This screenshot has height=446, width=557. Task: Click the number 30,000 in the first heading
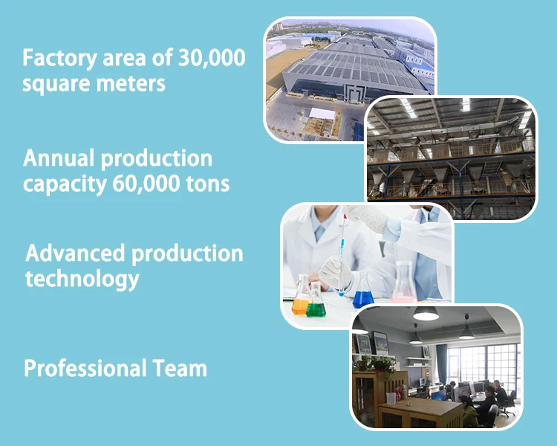coord(212,58)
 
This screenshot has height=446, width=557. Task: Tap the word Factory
coord(59,59)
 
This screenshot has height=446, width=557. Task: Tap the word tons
coord(208,184)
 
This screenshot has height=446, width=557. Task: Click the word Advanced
coord(75,253)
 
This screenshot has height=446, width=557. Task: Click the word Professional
coord(85,368)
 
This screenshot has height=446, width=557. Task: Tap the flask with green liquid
coord(316,300)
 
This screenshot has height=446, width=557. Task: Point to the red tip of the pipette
coord(345,216)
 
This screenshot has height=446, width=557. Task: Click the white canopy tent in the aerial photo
coord(322,114)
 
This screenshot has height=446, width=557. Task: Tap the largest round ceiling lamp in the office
coord(426,314)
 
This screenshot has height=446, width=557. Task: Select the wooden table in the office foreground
coord(420,413)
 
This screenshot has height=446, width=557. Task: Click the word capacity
coord(65,184)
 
